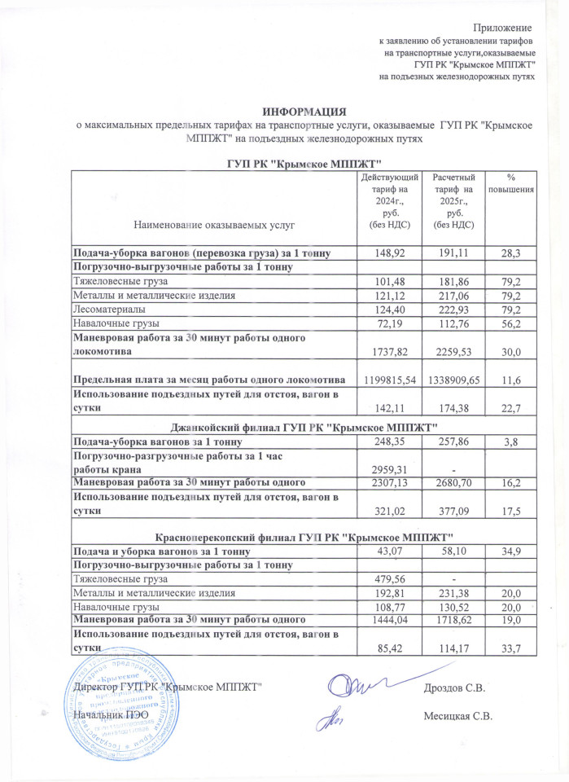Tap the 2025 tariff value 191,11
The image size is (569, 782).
pos(453,254)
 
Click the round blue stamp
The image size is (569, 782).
pos(117,700)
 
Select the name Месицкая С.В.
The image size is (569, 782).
pos(459,717)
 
